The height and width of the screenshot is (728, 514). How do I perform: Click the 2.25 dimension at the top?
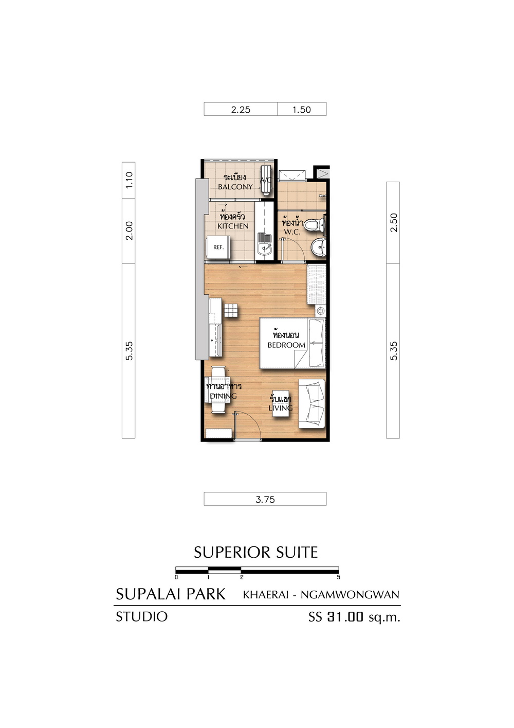241,110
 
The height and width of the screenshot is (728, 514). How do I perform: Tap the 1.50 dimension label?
302,110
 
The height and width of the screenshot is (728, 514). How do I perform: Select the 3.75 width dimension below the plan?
265,500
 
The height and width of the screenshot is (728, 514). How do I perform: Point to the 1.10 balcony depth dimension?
129,180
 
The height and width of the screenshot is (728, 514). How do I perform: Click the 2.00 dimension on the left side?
129,230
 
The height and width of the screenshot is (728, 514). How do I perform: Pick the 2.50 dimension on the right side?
394,222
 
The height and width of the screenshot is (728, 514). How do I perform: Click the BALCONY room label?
235,187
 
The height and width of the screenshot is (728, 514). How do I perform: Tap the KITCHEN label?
233,226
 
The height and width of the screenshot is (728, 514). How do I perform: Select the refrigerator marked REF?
218,248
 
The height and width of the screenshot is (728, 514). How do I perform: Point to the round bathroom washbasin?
319,247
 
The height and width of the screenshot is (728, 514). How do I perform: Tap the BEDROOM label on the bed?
286,345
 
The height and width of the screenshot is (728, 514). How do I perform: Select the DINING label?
223,396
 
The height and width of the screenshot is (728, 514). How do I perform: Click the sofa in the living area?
311,404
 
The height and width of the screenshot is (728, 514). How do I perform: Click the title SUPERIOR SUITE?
256,552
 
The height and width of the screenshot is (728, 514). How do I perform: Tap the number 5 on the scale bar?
339,578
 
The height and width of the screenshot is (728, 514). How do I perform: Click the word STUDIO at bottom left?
141,616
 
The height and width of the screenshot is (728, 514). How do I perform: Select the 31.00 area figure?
345,617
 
